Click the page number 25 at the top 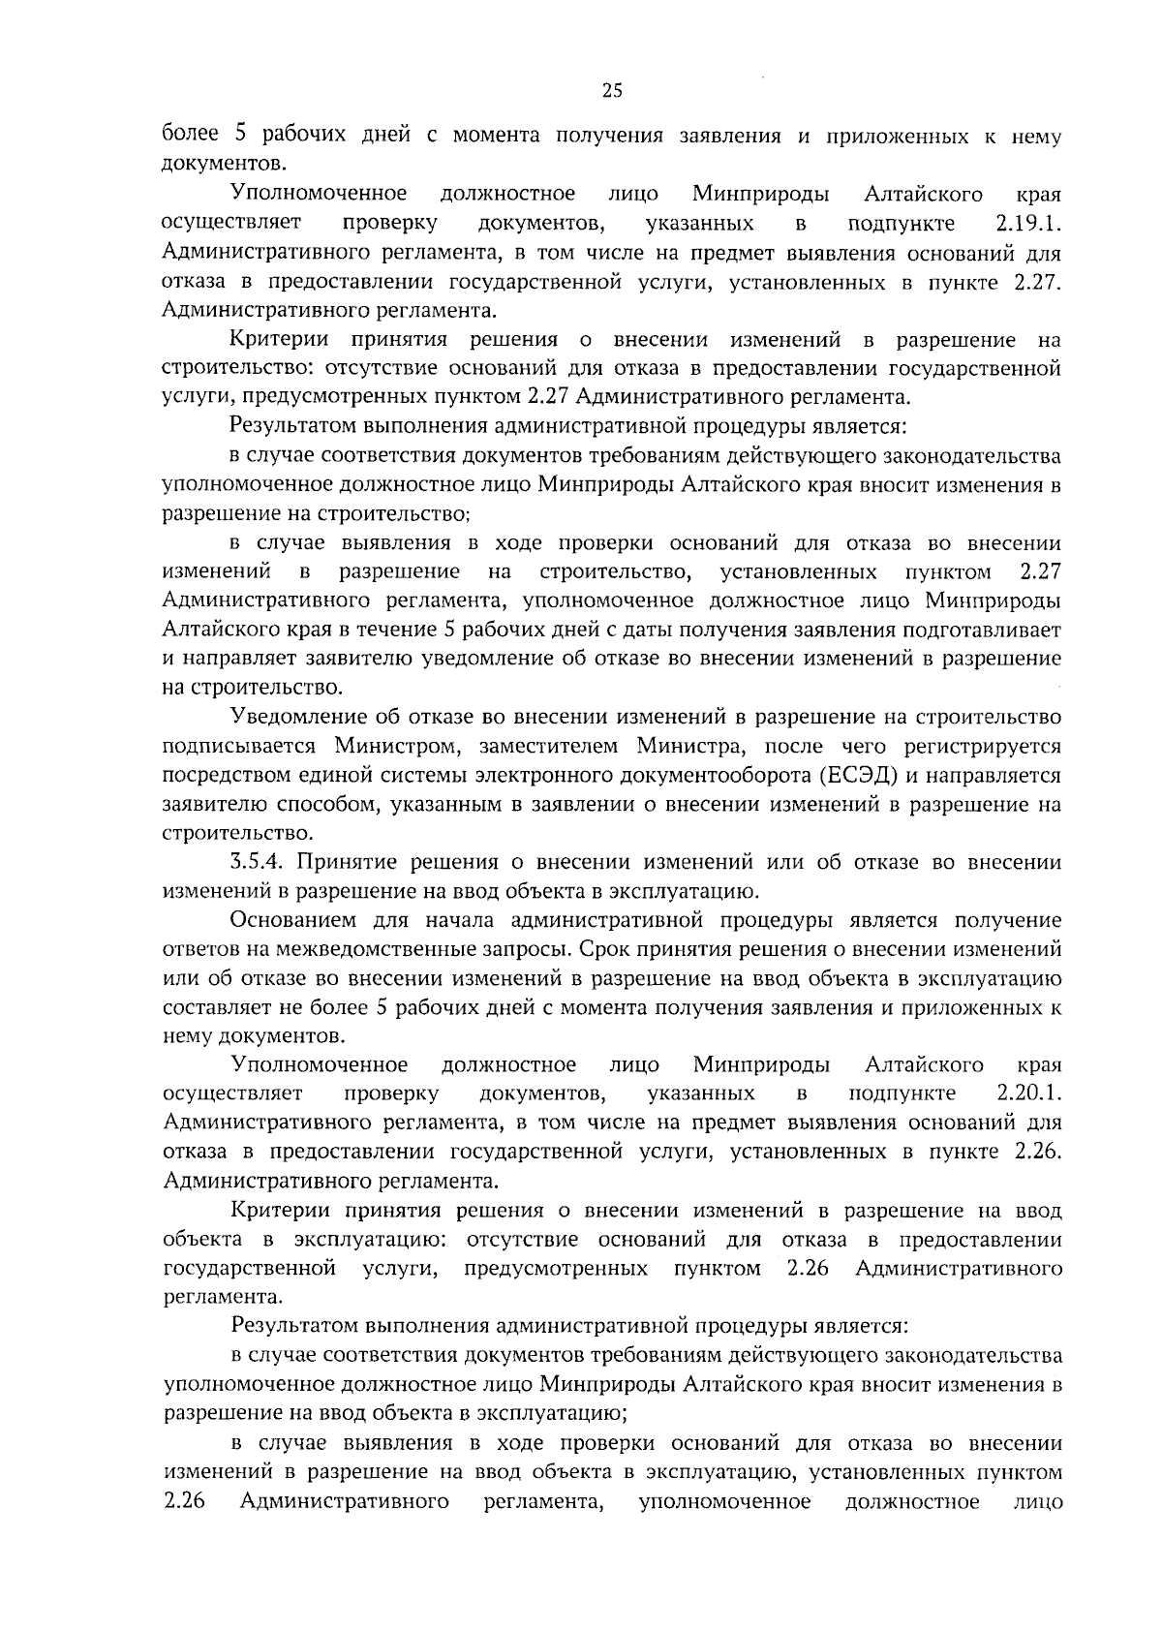point(612,91)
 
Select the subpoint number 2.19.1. point(1027,225)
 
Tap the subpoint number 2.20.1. point(1028,1093)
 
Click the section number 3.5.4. point(262,862)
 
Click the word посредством point(225,775)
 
